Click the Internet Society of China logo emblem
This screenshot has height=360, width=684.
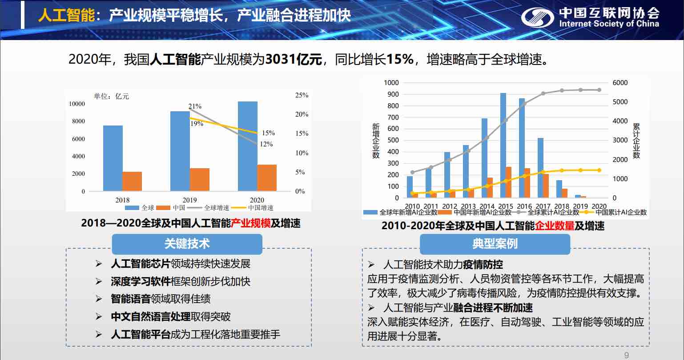click(537, 18)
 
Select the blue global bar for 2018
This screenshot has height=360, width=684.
click(113, 158)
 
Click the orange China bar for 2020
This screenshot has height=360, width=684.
click(267, 178)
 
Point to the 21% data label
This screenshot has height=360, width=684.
click(195, 106)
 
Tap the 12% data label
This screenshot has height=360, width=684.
click(266, 144)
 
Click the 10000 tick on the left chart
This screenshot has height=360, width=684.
click(76, 104)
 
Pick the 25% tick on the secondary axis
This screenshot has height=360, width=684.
click(302, 95)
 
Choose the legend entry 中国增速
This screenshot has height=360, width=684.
click(260, 208)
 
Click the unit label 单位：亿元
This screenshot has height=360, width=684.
click(111, 96)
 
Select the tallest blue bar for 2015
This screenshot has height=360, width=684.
click(503, 145)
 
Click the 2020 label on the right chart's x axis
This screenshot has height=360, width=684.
click(599, 206)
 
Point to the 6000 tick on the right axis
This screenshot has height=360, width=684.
click(620, 83)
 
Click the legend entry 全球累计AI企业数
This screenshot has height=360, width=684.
click(553, 213)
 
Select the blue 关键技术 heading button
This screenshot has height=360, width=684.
click(187, 244)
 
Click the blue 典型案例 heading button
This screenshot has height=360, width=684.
click(495, 244)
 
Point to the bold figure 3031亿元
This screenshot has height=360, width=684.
click(294, 60)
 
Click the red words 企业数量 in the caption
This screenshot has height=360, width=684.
click(555, 226)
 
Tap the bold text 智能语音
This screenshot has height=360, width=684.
click(130, 299)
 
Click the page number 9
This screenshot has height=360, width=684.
click(627, 355)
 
